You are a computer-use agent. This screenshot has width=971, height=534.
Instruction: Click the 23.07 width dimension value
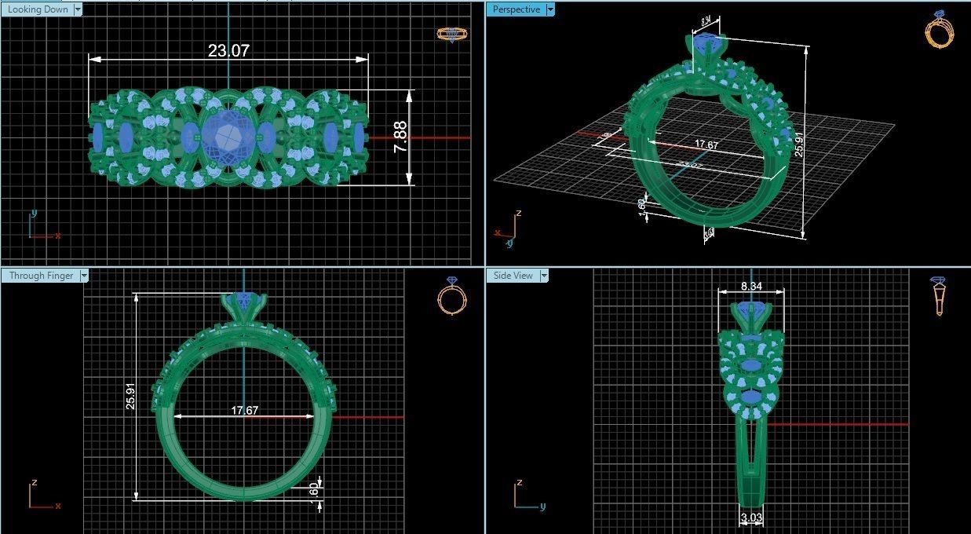tap(228, 51)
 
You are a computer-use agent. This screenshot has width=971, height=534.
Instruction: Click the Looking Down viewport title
tap(37, 9)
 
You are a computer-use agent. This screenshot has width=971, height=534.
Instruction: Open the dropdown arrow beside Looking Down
tap(78, 9)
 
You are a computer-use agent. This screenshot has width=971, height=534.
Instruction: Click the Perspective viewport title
tap(516, 9)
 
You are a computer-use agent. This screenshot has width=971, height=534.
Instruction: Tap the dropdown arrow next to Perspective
tap(550, 9)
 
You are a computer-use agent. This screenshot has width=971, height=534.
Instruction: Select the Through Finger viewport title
tap(41, 276)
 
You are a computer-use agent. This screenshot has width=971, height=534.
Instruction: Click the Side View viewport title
tap(513, 276)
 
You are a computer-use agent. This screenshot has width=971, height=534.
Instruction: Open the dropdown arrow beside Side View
tap(543, 276)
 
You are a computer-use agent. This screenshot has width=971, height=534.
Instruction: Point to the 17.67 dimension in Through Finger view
tap(244, 411)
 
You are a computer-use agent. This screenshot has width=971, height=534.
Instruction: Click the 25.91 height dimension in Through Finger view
tap(130, 397)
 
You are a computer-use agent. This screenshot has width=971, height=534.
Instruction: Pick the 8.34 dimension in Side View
tap(750, 287)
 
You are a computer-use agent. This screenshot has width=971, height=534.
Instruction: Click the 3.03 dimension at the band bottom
tap(751, 518)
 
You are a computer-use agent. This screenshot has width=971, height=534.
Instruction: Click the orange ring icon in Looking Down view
tap(451, 34)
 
